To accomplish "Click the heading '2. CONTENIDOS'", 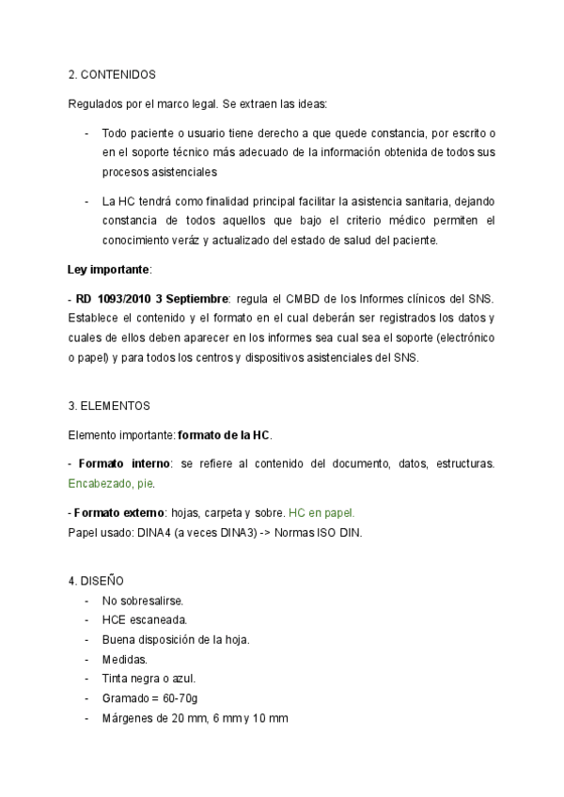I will [x=112, y=73].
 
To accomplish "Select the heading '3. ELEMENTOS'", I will [x=108, y=406].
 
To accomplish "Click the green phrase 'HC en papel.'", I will [x=321, y=513].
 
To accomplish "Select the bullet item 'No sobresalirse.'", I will [x=143, y=600].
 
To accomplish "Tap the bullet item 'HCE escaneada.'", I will [x=145, y=619].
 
